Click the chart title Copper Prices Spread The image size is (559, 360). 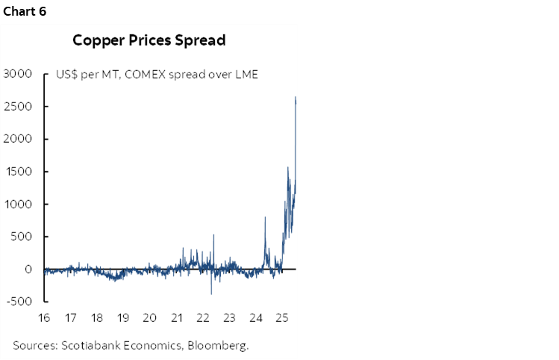click(149, 40)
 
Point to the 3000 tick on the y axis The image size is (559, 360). click(17, 74)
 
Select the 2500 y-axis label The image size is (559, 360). click(17, 107)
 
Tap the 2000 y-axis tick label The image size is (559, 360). click(17, 140)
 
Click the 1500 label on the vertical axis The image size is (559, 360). click(17, 172)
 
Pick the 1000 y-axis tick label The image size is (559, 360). click(17, 205)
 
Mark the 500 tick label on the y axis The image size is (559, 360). click(21, 237)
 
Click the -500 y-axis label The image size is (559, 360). click(19, 302)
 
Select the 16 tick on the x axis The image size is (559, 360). click(44, 317)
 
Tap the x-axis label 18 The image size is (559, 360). click(97, 317)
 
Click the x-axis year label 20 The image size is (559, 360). click(149, 317)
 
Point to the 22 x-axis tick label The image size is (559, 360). click(202, 317)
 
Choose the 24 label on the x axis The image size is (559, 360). click(255, 317)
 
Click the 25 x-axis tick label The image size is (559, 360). click(281, 317)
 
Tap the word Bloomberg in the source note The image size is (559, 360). click(219, 345)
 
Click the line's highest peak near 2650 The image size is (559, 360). click(296, 97)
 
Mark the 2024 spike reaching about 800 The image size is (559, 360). click(265, 217)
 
